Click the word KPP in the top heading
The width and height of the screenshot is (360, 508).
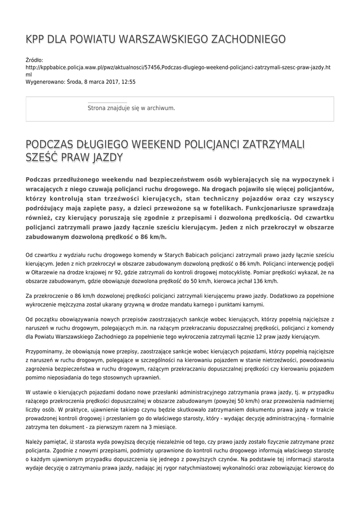tap(36, 39)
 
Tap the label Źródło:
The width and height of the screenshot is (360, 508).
tap(34, 60)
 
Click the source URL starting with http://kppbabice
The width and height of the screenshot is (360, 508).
tap(177, 67)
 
